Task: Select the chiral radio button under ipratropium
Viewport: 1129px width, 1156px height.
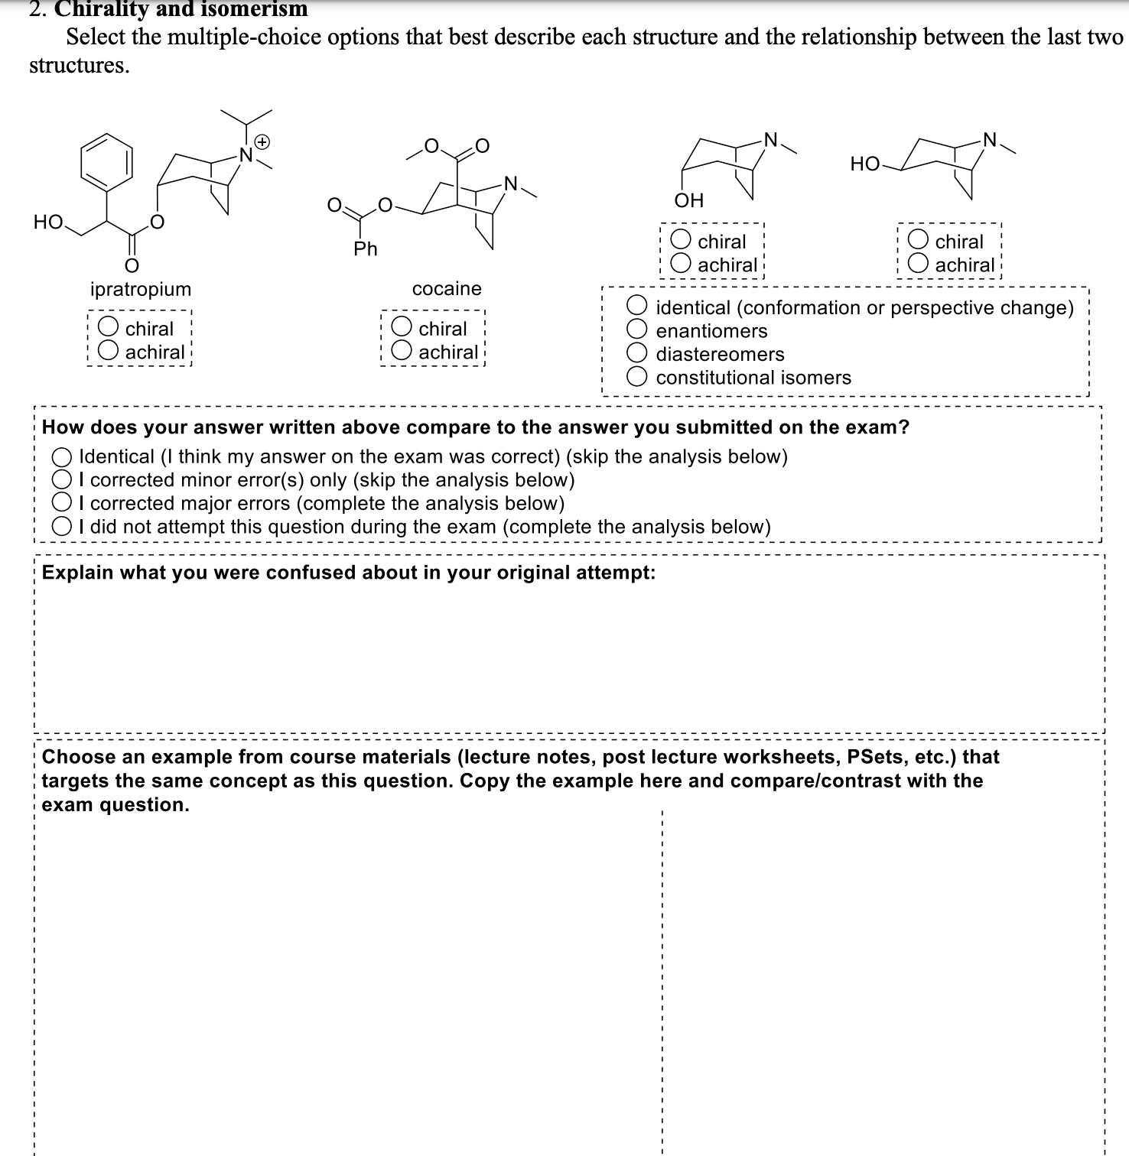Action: pyautogui.click(x=109, y=327)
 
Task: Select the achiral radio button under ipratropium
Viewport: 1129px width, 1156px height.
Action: pyautogui.click(x=109, y=351)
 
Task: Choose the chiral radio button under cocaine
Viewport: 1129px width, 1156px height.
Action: pyautogui.click(x=402, y=327)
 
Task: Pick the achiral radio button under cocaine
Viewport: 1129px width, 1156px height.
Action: pyautogui.click(x=402, y=351)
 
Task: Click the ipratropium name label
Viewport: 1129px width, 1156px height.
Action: pyautogui.click(x=141, y=289)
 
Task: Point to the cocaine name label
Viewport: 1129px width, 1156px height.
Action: pyautogui.click(x=447, y=288)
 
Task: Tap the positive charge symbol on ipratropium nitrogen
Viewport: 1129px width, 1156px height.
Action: pyautogui.click(x=262, y=141)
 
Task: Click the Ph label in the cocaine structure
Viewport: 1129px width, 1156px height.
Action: pyautogui.click(x=366, y=248)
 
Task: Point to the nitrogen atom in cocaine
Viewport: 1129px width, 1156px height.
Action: pyautogui.click(x=510, y=183)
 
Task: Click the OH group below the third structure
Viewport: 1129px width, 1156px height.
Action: pyautogui.click(x=688, y=200)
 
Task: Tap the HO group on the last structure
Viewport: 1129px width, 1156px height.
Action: pyautogui.click(x=864, y=164)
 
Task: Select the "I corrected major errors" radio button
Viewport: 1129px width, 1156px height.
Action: pyautogui.click(x=62, y=503)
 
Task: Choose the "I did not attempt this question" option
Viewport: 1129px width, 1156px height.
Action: pyautogui.click(x=62, y=527)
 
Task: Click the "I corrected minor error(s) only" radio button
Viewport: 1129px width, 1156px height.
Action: pyautogui.click(x=62, y=479)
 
